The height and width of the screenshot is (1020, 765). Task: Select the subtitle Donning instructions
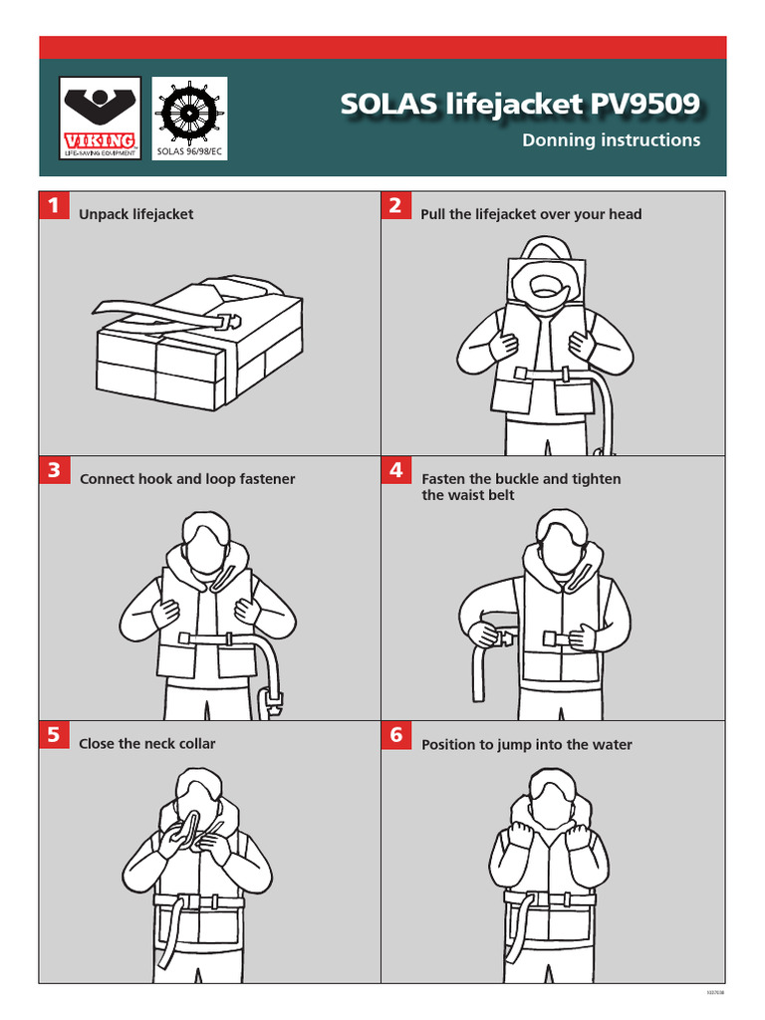click(x=611, y=140)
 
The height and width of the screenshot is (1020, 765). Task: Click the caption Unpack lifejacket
click(x=136, y=214)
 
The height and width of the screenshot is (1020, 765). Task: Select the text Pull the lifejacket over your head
click(x=531, y=214)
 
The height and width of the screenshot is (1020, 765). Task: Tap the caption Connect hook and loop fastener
click(x=187, y=479)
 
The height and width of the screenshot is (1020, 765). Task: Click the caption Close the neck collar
click(x=147, y=744)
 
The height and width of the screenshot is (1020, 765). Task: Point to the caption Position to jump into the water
click(x=526, y=745)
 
